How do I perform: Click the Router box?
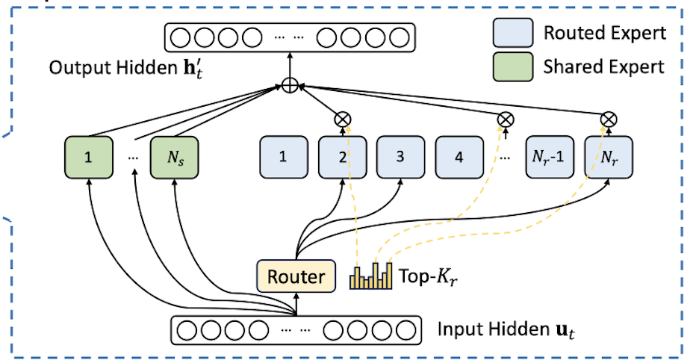click(296, 277)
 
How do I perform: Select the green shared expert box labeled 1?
click(89, 158)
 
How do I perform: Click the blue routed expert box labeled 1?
click(282, 158)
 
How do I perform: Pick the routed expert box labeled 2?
click(341, 158)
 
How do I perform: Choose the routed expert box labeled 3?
click(400, 158)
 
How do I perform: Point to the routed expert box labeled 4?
click(458, 158)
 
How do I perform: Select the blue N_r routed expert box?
click(607, 158)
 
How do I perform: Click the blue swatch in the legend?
click(513, 33)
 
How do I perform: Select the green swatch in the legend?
click(513, 66)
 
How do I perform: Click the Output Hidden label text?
click(119, 67)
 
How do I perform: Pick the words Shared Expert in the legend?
click(603, 66)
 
